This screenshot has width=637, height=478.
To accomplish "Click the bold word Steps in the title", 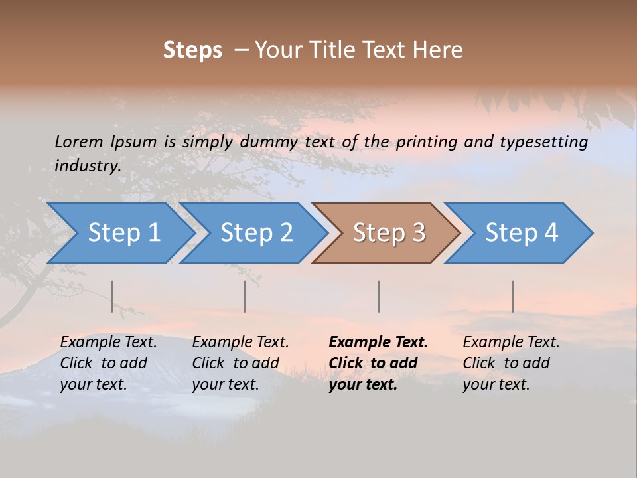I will point(192,50).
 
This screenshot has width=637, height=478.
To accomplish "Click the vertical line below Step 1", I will point(112,296).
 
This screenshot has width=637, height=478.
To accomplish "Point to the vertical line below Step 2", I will point(245,296).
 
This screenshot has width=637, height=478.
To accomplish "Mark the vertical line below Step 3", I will point(378,296).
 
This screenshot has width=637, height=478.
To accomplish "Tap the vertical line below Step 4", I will point(512,296).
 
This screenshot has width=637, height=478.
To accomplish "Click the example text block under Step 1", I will point(108,363).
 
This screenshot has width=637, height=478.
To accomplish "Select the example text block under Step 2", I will point(240,363).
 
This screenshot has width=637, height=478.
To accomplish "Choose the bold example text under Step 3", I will point(378,363).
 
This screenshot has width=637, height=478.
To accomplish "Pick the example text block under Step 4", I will point(511,363).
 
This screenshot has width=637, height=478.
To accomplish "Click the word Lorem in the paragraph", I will point(78,142).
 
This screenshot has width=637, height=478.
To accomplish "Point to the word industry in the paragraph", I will point(87,166).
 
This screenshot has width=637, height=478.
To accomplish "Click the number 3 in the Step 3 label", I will point(418,233).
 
